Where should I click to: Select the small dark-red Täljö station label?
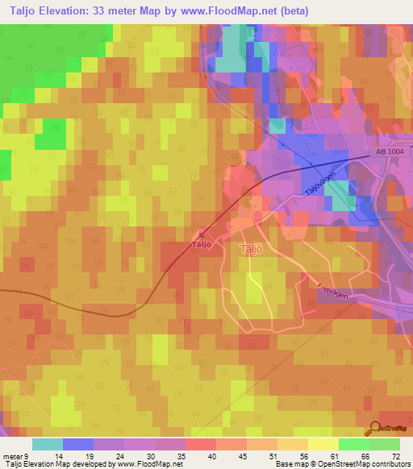pos(202,243)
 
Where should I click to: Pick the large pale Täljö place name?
pos(252,250)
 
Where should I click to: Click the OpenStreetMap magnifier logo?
pos(376,427)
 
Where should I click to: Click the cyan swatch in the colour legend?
pos(48,444)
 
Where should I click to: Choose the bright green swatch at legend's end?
pos(385,444)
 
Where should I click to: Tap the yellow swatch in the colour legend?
pos(323,444)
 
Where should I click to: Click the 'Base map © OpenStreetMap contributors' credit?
pos(341,464)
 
